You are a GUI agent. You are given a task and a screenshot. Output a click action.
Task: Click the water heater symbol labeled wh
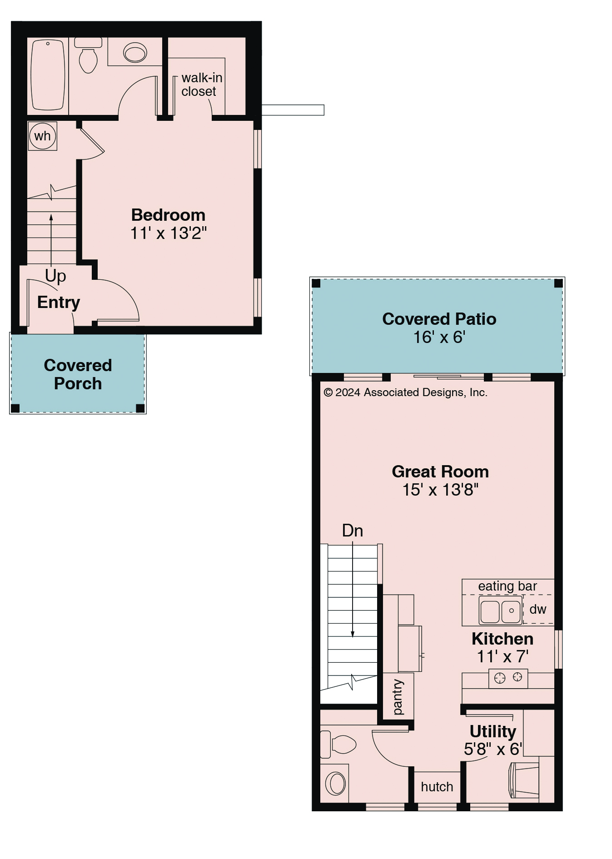pyautogui.click(x=42, y=136)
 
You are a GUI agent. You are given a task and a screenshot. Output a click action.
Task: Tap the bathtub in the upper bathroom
pyautogui.click(x=48, y=75)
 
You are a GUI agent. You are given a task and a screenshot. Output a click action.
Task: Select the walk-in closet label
pyautogui.click(x=202, y=84)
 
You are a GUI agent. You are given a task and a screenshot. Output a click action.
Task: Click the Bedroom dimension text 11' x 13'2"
pyautogui.click(x=169, y=233)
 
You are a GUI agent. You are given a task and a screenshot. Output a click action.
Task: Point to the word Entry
pyautogui.click(x=59, y=302)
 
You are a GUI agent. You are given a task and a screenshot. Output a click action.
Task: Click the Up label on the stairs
pyautogui.click(x=55, y=276)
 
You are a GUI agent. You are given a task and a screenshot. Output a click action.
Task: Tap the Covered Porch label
pyautogui.click(x=78, y=374)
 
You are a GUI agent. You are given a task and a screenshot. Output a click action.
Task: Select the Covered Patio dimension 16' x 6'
pyautogui.click(x=439, y=337)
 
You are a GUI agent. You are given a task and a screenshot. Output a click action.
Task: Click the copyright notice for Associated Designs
pyautogui.click(x=405, y=392)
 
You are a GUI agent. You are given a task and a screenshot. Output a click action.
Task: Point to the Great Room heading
pyautogui.click(x=440, y=472)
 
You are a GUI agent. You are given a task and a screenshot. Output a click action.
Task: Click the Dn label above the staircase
pyautogui.click(x=353, y=531)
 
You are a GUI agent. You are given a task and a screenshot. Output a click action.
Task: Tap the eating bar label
pyautogui.click(x=508, y=586)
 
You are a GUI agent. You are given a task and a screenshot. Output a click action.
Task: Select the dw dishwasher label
pyautogui.click(x=538, y=609)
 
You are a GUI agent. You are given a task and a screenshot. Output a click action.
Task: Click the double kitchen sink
pyautogui.click(x=500, y=610)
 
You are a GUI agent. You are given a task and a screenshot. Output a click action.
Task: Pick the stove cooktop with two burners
pyautogui.click(x=508, y=678)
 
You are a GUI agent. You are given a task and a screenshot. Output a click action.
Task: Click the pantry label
pyautogui.click(x=398, y=697)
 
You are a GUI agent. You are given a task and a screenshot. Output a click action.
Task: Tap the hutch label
pyautogui.click(x=437, y=787)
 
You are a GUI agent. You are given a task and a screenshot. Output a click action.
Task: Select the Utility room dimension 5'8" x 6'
pyautogui.click(x=493, y=749)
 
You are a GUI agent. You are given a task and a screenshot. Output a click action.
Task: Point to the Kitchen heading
pyautogui.click(x=503, y=639)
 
